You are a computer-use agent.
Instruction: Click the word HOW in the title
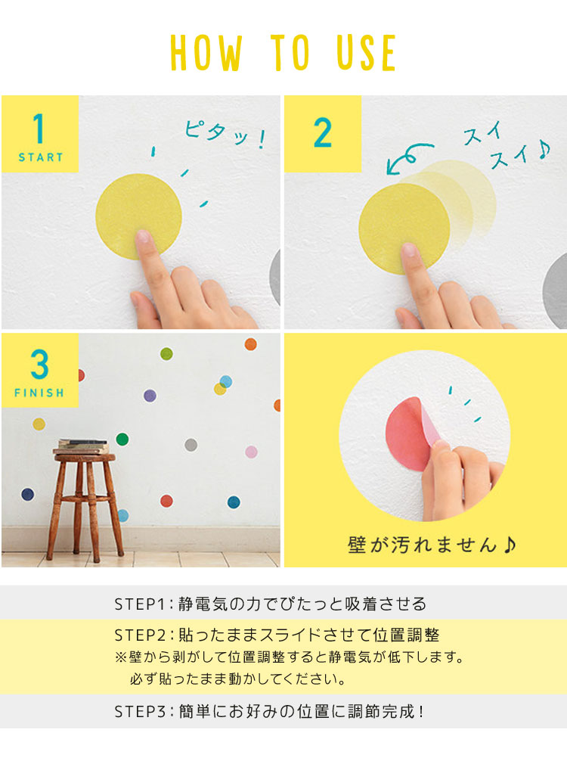(x=206, y=53)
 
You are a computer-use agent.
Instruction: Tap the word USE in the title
(x=367, y=53)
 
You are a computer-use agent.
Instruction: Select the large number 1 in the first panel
(x=39, y=128)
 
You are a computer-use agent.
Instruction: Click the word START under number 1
(x=41, y=157)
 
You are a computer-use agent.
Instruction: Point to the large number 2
(x=323, y=132)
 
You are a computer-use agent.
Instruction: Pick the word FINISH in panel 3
(x=39, y=393)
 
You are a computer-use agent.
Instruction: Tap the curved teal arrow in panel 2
(x=407, y=157)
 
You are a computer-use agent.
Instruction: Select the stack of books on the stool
(x=81, y=446)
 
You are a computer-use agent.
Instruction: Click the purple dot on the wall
(x=150, y=396)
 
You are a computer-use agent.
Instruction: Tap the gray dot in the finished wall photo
(x=191, y=445)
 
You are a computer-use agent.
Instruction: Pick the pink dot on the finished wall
(x=251, y=452)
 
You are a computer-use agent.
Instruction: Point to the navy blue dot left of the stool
(x=28, y=495)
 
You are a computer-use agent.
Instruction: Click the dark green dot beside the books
(x=122, y=440)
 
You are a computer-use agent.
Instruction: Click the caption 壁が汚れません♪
(x=432, y=545)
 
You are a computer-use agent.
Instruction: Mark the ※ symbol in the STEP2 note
(x=120, y=657)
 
